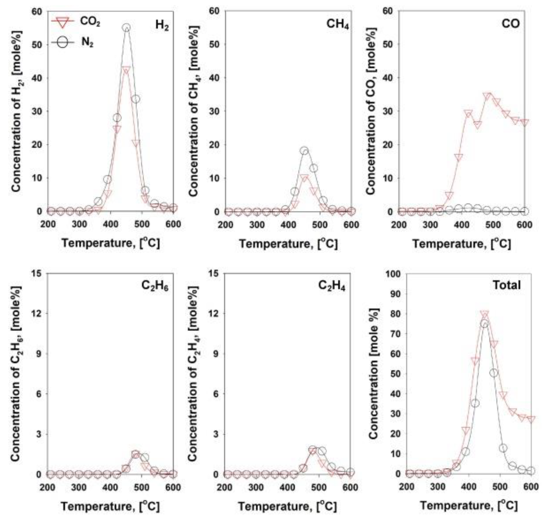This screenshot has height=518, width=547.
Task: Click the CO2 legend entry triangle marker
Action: pos(63,22)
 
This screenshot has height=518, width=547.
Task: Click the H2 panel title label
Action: pos(162,25)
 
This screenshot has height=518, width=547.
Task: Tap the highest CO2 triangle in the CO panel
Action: pos(487,96)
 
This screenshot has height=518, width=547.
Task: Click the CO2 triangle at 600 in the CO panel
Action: pos(525,122)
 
